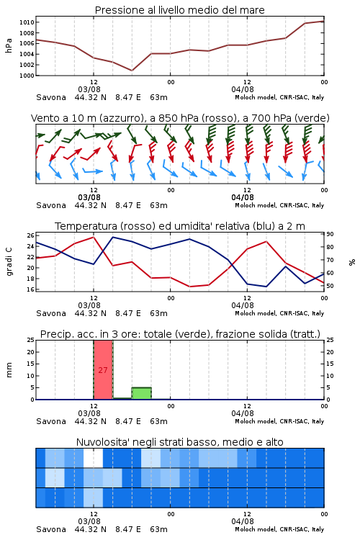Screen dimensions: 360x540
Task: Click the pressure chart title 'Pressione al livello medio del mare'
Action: point(179,10)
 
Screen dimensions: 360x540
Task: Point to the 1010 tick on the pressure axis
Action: point(27,22)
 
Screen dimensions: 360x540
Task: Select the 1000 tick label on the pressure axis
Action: point(27,76)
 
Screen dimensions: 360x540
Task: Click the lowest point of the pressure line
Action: point(132,71)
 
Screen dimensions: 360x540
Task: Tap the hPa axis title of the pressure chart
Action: point(9,45)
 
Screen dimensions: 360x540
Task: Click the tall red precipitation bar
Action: point(103,370)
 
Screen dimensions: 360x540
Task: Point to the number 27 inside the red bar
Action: point(103,370)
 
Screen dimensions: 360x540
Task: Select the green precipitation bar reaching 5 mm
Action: point(142,393)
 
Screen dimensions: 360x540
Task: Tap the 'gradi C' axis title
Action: point(9,261)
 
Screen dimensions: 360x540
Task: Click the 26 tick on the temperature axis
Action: point(30,235)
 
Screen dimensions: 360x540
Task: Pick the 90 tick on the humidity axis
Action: point(330,234)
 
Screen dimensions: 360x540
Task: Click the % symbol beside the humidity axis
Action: point(352,262)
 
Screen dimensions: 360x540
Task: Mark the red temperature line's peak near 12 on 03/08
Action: point(94,237)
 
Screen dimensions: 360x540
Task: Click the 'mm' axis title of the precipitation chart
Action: point(9,370)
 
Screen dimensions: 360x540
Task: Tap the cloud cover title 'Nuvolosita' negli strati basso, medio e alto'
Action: point(179,442)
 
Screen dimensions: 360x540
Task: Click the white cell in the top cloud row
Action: point(94,458)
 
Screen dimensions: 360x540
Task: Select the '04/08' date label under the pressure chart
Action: point(243,89)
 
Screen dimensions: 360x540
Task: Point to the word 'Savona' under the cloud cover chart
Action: point(51,529)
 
